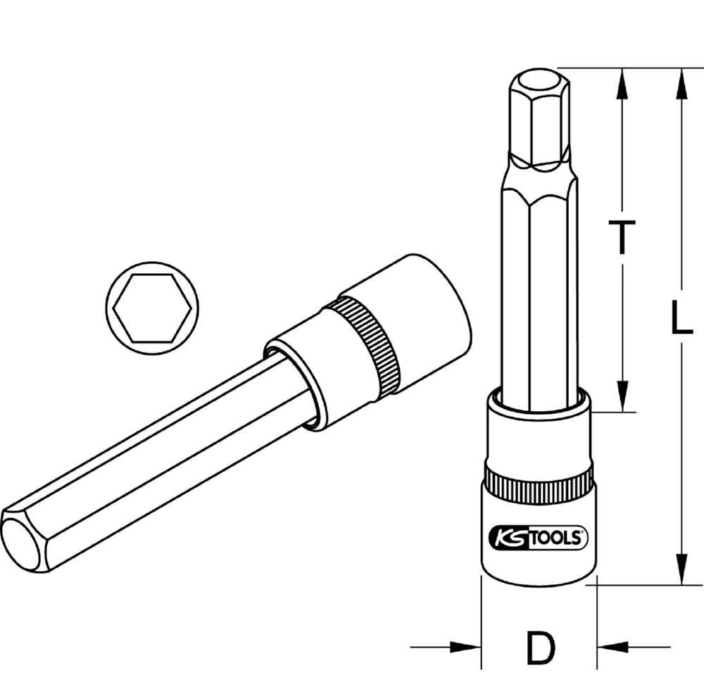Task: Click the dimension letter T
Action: click(622, 237)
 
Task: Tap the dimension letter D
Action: click(539, 649)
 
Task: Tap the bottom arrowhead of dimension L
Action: click(680, 569)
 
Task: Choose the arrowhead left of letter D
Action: click(465, 648)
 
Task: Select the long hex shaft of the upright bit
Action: click(536, 282)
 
